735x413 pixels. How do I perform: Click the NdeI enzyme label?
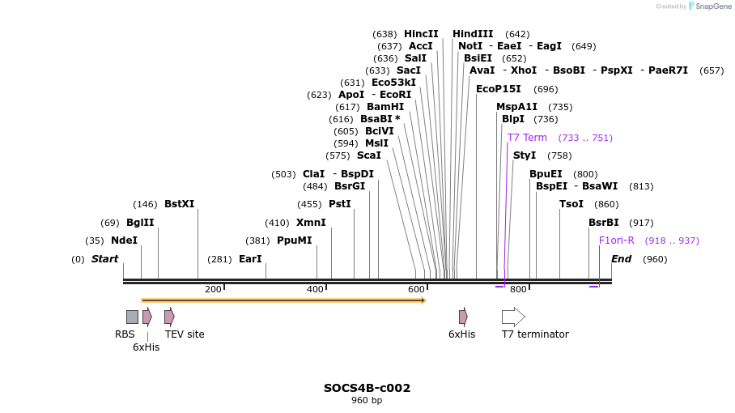point(124,241)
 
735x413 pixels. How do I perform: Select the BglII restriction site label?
point(140,223)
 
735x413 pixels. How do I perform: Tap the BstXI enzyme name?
point(179,204)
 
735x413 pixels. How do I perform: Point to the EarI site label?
point(250,259)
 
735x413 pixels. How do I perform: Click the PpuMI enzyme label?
point(294,241)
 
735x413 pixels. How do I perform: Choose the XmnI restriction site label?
point(311,223)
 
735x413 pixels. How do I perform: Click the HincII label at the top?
point(421,34)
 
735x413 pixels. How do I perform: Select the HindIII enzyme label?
point(473,34)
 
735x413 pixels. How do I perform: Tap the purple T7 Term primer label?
point(527,138)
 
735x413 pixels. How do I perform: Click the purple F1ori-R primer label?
point(617,241)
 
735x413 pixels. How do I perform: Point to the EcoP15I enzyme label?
point(499,89)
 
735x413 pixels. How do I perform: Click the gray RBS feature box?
point(132,317)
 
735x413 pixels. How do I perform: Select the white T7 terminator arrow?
point(513,317)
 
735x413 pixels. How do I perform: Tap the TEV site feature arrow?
point(169,317)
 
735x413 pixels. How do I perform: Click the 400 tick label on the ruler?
point(315,289)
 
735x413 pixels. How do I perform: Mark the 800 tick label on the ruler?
point(518,289)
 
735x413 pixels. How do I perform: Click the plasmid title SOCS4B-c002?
point(367,388)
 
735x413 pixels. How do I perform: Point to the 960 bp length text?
point(367,400)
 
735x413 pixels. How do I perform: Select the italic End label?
point(621,259)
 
